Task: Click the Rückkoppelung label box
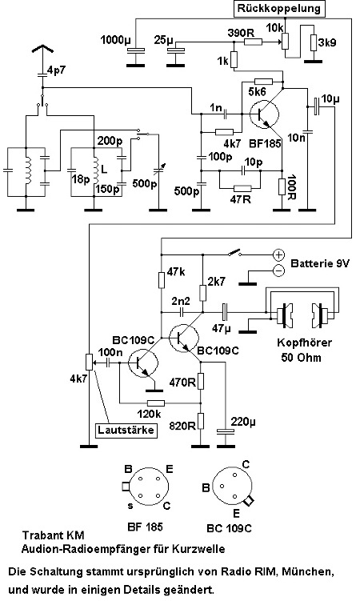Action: click(279, 9)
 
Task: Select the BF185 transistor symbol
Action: click(264, 114)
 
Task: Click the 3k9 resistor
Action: click(314, 42)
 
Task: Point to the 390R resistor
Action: click(253, 42)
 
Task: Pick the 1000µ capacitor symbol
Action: click(135, 50)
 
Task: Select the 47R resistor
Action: click(242, 188)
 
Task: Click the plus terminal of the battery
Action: click(278, 254)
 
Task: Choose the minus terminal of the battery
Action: click(278, 270)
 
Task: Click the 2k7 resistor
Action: click(202, 293)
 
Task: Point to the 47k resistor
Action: click(162, 280)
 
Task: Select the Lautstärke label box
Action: click(126, 430)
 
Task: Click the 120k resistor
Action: click(156, 403)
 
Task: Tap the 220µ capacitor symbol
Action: click(226, 431)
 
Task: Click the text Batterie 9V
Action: click(320, 264)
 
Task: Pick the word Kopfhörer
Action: click(304, 343)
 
